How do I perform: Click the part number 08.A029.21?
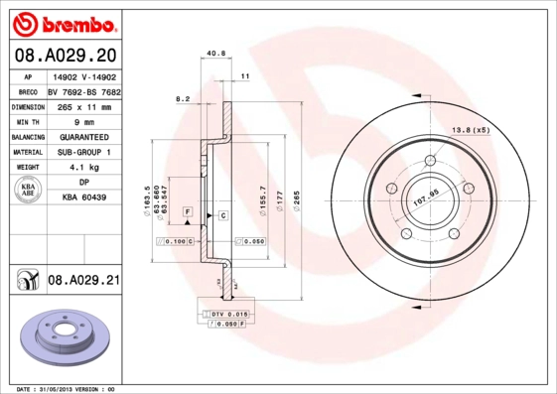point(83,283)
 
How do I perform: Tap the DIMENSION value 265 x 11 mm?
point(83,106)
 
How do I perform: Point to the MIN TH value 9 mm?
point(83,121)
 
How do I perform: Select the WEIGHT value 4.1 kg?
point(83,168)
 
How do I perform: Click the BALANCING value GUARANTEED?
point(83,137)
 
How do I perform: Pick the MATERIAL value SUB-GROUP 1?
point(83,152)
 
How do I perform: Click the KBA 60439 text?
point(83,198)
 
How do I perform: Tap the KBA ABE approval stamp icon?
point(27,192)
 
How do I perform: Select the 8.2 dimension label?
point(183,99)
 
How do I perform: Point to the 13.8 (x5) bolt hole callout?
point(472,130)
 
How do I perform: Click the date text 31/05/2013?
point(54,388)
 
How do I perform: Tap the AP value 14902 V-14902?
point(83,75)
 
